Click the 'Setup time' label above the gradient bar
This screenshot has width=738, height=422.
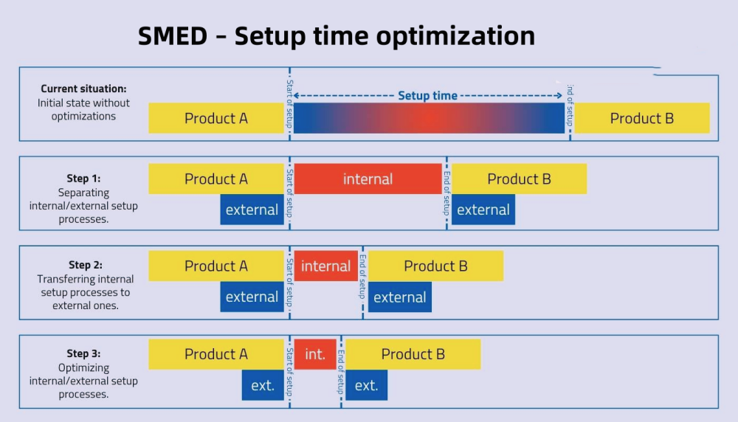pos(427,96)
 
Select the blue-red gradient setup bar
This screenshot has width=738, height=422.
pos(429,118)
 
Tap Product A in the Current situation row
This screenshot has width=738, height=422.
pos(216,118)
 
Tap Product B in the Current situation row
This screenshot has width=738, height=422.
pos(641,118)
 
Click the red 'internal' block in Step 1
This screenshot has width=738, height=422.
pos(368,179)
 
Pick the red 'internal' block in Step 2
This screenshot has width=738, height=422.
pos(325,266)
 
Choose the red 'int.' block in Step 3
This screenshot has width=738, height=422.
pos(315,354)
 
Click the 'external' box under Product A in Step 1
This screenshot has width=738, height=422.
pos(252,210)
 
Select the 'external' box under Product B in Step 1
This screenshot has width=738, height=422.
pos(483,210)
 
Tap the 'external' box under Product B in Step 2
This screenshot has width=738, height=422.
pos(399,297)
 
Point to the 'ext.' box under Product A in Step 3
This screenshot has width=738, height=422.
pos(263,385)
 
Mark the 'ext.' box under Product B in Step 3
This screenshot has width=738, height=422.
pos(366,385)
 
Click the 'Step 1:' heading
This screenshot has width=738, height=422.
pos(83,179)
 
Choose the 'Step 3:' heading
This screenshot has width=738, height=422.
pos(83,353)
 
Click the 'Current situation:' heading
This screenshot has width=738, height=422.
pos(83,89)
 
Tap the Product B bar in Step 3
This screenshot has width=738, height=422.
pos(413,354)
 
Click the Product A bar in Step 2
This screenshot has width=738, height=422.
pos(216,266)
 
